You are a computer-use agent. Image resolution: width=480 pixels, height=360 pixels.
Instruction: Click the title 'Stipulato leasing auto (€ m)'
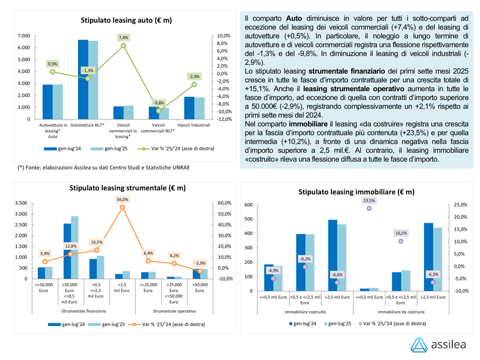[126, 20]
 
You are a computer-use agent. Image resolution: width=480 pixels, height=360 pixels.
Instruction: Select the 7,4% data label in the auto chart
[123, 38]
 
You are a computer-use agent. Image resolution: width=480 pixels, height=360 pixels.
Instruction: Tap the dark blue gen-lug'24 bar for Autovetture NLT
[83, 80]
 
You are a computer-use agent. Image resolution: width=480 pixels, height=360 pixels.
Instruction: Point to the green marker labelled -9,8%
[159, 111]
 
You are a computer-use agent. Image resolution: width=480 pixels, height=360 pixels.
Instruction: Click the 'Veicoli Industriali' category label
[194, 125]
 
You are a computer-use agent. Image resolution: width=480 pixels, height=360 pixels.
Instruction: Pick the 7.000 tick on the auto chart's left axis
[24, 36]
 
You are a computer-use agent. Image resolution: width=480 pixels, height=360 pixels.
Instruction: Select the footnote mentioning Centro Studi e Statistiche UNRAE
[104, 168]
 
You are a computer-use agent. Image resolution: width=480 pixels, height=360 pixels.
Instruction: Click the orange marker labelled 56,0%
[122, 207]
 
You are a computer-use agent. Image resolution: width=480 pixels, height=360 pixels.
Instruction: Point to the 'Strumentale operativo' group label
[174, 311]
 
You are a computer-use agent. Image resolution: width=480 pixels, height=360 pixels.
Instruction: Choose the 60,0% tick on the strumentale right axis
[224, 203]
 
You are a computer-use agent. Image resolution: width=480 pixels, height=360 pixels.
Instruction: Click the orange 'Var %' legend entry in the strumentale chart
[166, 324]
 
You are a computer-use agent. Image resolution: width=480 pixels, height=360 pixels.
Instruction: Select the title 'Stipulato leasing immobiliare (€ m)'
[356, 192]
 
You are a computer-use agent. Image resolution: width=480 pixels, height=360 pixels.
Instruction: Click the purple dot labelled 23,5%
[369, 208]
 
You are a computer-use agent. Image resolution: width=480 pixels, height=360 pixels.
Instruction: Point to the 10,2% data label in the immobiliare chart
[401, 233]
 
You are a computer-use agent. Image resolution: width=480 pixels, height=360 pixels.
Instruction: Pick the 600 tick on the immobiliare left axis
[248, 205]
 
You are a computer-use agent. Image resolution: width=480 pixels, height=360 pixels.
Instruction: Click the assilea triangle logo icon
[419, 345]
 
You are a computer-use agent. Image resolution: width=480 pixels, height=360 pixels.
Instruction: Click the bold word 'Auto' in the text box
[294, 18]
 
